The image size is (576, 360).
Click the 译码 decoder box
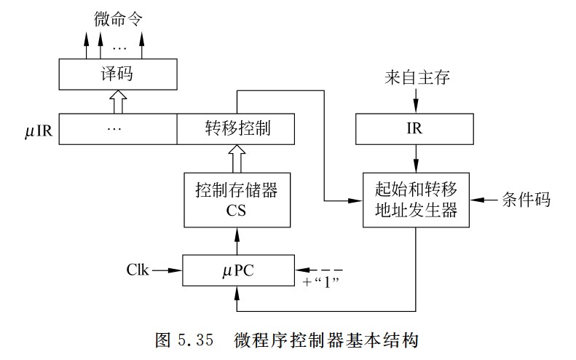(x=117, y=74)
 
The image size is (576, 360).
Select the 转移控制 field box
(x=235, y=129)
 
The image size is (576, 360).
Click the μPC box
(x=237, y=270)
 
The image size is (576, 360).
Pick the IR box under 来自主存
(x=415, y=129)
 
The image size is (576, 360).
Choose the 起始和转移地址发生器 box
(x=415, y=200)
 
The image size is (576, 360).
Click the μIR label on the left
(x=39, y=130)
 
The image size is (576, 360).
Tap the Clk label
(x=137, y=270)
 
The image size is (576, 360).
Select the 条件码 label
(x=524, y=199)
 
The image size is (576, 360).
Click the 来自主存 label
(x=414, y=77)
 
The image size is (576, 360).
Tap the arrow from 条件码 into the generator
(x=483, y=199)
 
